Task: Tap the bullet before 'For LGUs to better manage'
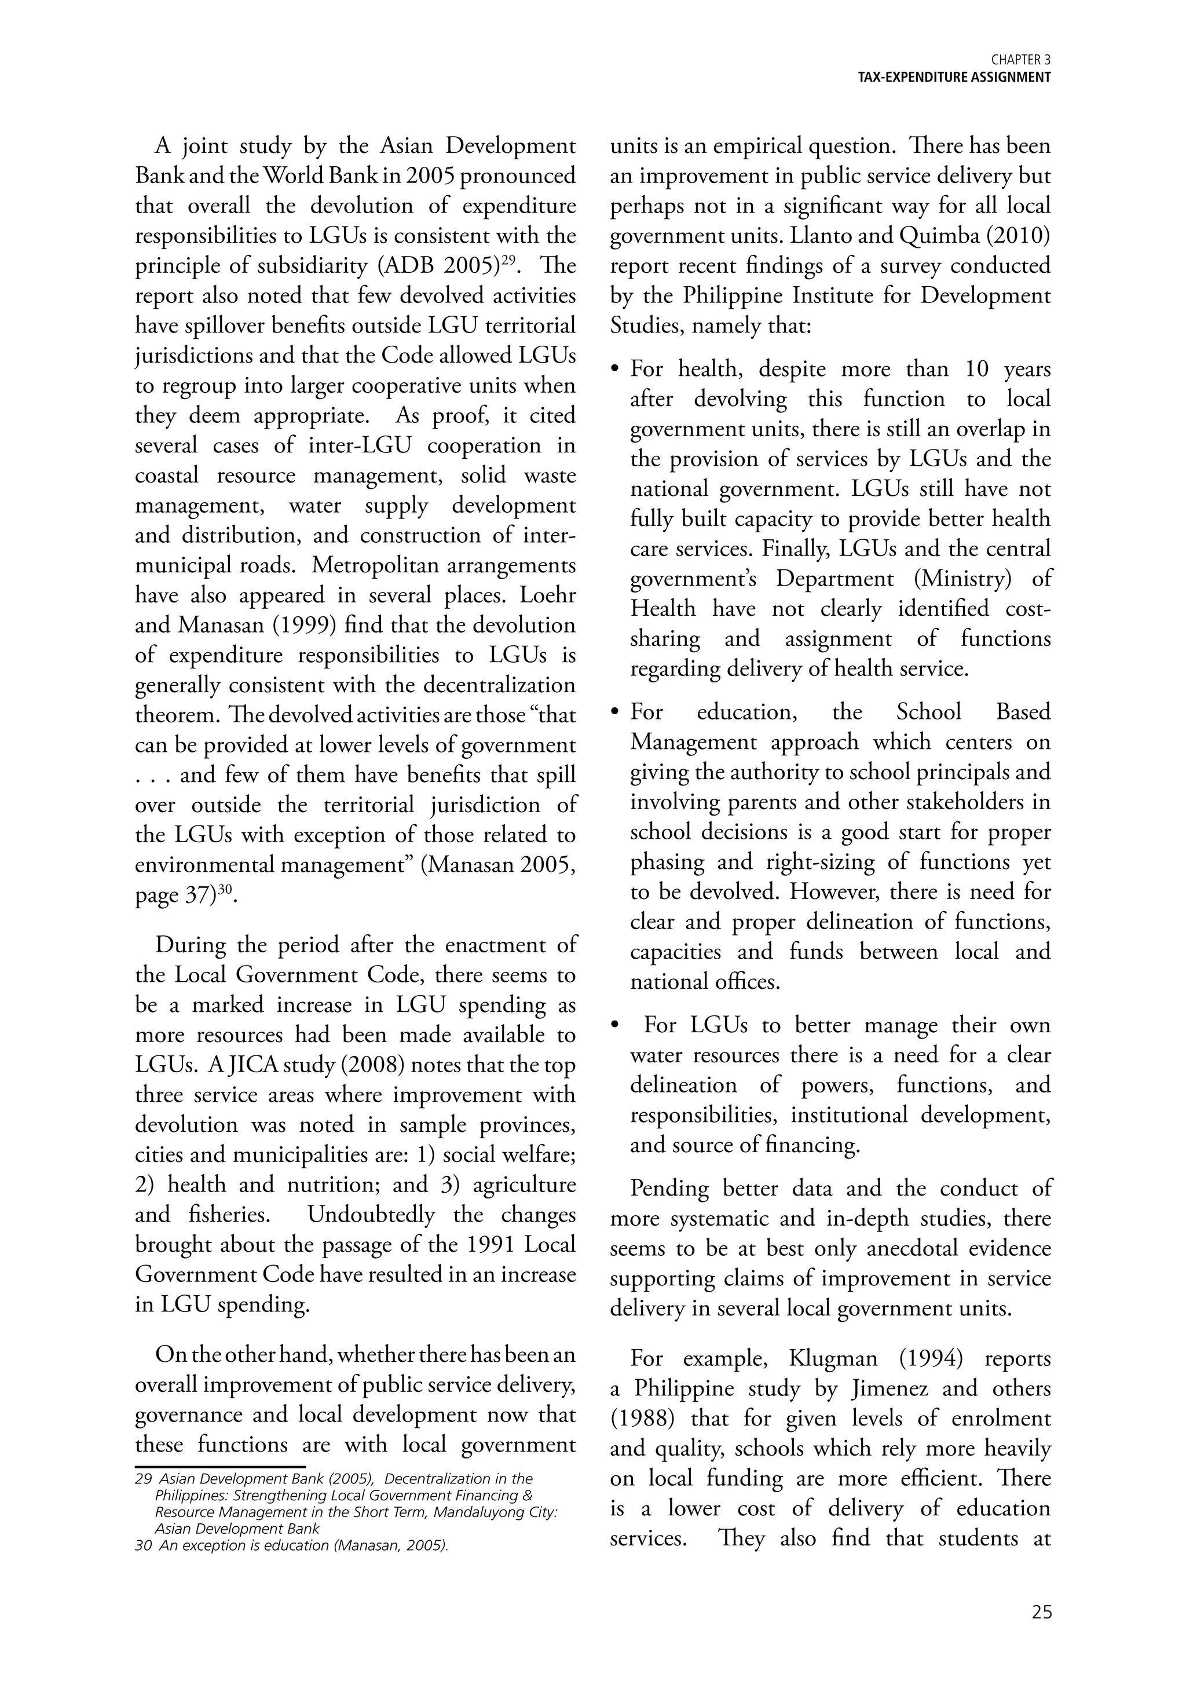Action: coord(617,1025)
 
